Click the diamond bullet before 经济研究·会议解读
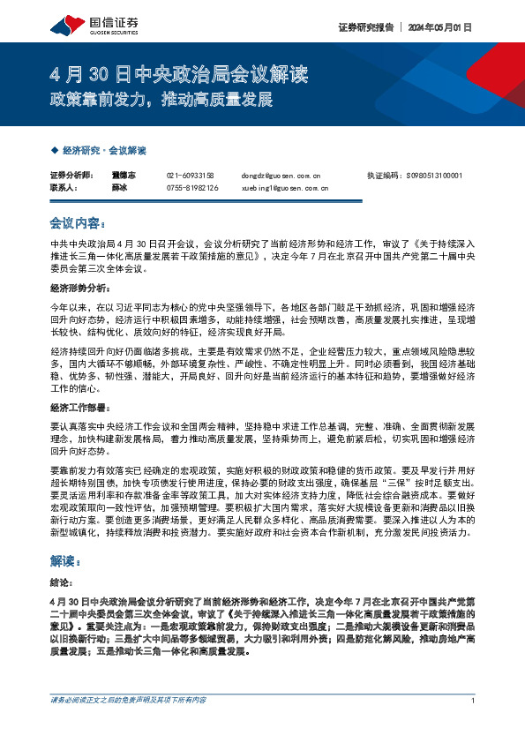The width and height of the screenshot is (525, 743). (56, 151)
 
